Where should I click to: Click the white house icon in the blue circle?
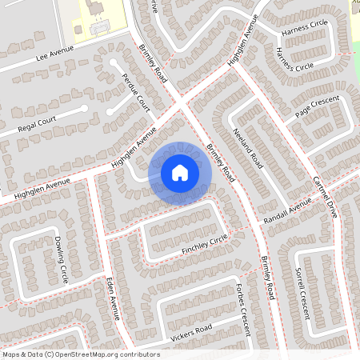(180, 172)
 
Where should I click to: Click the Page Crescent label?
(317, 108)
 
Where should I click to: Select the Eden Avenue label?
(112, 298)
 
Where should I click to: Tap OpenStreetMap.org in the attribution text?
(89, 354)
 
